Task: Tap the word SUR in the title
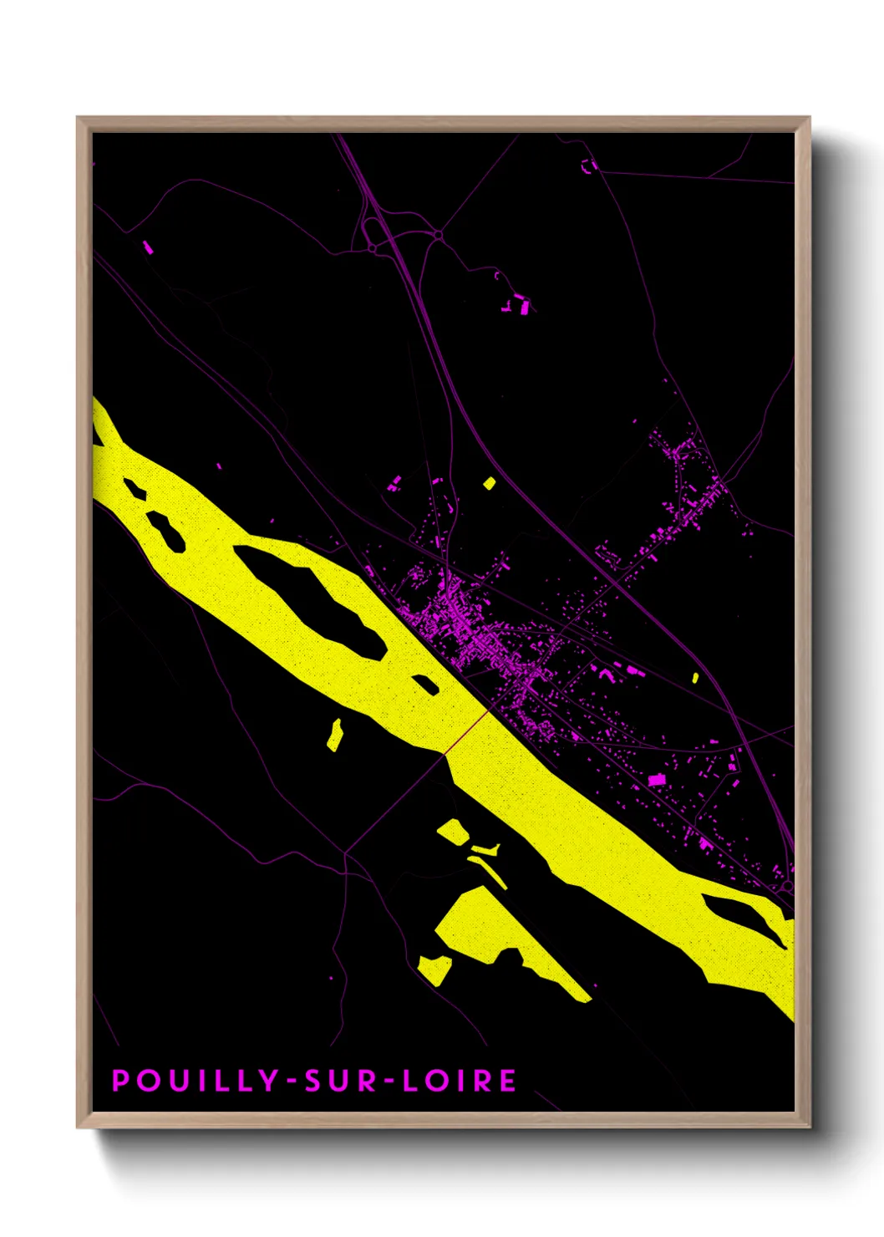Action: click(334, 1081)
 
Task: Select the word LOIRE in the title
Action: click(460, 1081)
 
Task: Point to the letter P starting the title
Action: click(120, 1081)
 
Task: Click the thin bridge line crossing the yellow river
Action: click(466, 730)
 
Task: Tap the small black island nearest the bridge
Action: click(425, 684)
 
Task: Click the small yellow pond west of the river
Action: click(334, 735)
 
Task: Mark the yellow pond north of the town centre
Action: click(489, 483)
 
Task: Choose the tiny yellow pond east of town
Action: click(695, 678)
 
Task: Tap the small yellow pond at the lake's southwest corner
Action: click(434, 970)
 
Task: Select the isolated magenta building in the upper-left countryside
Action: click(148, 247)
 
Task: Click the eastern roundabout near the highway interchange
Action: click(437, 237)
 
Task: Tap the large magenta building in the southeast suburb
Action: click(657, 780)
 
